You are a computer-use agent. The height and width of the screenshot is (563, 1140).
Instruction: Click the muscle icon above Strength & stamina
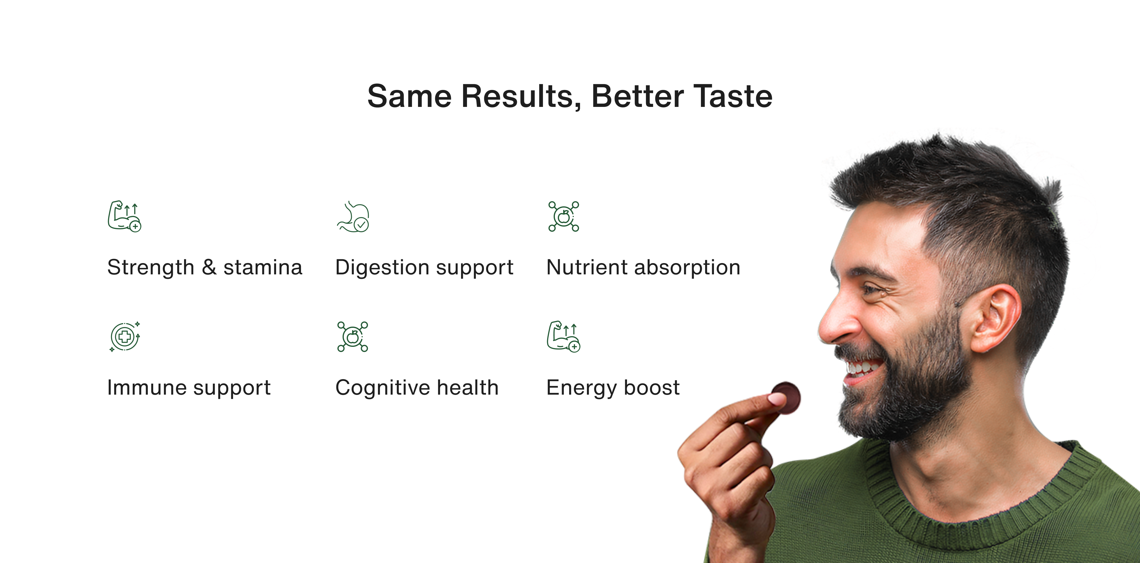[124, 216]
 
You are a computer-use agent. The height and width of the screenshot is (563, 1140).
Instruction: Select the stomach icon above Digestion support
[353, 216]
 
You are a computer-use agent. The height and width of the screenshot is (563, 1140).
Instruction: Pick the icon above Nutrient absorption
[564, 216]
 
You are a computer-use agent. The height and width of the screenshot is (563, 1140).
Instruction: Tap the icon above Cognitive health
[353, 337]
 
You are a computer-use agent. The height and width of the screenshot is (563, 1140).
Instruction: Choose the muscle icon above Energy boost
[563, 336]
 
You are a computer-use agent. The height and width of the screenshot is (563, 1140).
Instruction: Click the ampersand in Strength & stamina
[209, 267]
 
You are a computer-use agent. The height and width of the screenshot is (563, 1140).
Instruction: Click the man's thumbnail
[775, 399]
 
